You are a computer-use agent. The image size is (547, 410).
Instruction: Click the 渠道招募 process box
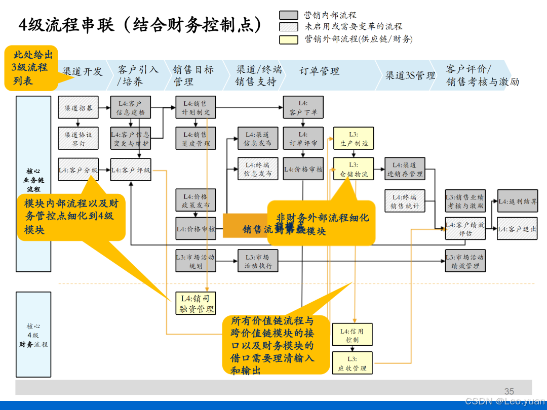pyautogui.click(x=78, y=108)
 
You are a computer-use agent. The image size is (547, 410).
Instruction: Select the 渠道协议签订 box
pyautogui.click(x=78, y=139)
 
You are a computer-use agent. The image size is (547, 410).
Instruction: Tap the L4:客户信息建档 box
pyautogui.click(x=131, y=108)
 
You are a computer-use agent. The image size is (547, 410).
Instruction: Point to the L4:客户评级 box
pyautogui.click(x=131, y=170)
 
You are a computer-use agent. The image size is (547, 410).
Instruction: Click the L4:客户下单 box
pyautogui.click(x=303, y=108)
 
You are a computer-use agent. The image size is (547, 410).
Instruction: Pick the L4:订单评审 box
pyautogui.click(x=303, y=139)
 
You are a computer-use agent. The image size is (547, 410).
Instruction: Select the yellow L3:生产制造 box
pyautogui.click(x=354, y=139)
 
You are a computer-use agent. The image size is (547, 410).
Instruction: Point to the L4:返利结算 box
pyautogui.click(x=517, y=201)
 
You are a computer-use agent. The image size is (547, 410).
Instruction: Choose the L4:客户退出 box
pyautogui.click(x=517, y=229)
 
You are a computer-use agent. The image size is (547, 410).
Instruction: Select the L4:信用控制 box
pyautogui.click(x=353, y=336)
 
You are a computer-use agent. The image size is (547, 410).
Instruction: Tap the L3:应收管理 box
pyautogui.click(x=353, y=363)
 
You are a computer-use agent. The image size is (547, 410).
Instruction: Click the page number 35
pyautogui.click(x=509, y=391)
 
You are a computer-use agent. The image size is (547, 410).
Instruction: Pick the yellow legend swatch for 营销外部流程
pyautogui.click(x=289, y=39)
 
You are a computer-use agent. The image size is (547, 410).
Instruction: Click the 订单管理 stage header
pyautogui.click(x=319, y=71)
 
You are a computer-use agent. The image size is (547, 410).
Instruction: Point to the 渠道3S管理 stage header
pyautogui.click(x=410, y=75)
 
